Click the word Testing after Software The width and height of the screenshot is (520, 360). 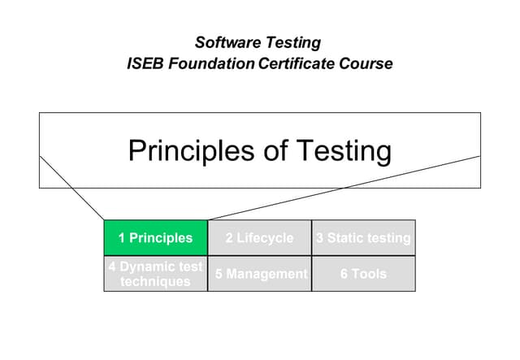(x=293, y=43)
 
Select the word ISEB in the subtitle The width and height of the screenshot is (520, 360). (x=145, y=63)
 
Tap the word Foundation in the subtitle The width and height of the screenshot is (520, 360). (x=211, y=63)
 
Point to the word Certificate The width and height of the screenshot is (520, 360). (x=296, y=63)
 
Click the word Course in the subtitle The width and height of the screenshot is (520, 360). (x=366, y=63)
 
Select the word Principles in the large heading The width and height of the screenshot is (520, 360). (x=192, y=151)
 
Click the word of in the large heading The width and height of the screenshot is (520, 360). (x=276, y=150)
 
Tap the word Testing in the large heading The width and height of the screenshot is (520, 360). (x=344, y=152)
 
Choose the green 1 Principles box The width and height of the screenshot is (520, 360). (x=155, y=238)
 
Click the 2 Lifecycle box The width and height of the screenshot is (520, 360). (x=260, y=238)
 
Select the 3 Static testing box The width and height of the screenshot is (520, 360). (x=363, y=238)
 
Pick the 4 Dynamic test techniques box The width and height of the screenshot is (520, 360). (x=155, y=274)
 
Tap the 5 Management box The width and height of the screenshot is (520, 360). (x=260, y=274)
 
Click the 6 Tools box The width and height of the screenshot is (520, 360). (x=363, y=274)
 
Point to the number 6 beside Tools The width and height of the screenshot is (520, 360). (x=344, y=274)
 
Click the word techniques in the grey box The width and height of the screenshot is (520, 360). (x=155, y=281)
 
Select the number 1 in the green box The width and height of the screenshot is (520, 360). (x=122, y=238)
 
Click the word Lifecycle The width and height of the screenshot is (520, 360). (x=265, y=238)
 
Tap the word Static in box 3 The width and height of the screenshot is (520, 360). (x=344, y=238)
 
